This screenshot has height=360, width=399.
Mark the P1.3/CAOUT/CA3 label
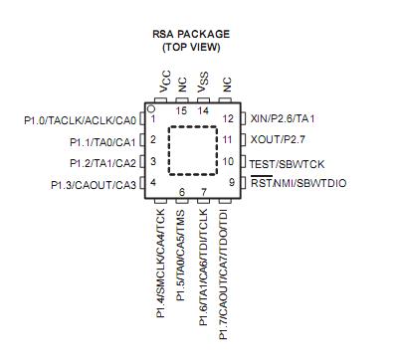(94, 184)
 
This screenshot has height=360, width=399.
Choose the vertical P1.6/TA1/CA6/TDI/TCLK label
(204, 270)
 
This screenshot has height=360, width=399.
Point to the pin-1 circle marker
(151, 107)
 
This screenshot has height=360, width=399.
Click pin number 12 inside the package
(228, 118)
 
